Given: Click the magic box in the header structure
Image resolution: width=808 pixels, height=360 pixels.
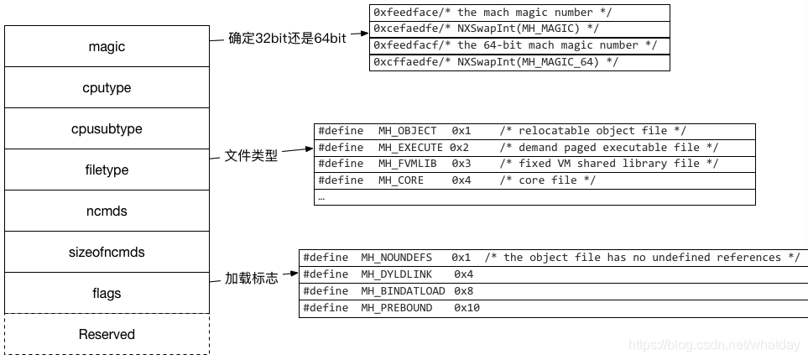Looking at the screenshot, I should click(x=107, y=47).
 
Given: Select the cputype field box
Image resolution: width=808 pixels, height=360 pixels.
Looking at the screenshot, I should click(x=107, y=88).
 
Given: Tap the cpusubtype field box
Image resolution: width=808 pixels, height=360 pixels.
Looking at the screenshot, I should click(x=107, y=129).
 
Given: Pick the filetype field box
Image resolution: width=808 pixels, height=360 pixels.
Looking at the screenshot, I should click(x=107, y=170).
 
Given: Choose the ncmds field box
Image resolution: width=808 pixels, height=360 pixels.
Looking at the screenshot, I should click(x=107, y=211).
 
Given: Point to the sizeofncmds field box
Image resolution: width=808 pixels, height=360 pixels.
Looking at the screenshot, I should click(x=107, y=253).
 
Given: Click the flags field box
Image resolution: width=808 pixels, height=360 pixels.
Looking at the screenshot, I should click(x=107, y=293).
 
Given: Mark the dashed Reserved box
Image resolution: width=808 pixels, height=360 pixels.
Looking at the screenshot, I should click(x=107, y=334).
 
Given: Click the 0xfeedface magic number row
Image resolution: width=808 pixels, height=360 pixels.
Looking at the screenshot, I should click(x=519, y=13).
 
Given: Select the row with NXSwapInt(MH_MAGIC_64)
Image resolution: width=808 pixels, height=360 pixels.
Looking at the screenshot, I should click(x=519, y=62).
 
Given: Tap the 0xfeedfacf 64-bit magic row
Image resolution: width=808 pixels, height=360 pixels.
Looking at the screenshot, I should click(x=519, y=45).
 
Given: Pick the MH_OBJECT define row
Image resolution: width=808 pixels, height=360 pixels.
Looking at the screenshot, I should click(x=534, y=131).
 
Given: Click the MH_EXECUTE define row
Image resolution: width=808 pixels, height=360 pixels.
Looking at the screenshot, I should click(x=534, y=148).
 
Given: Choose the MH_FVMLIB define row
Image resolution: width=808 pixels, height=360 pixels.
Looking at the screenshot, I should click(x=534, y=164).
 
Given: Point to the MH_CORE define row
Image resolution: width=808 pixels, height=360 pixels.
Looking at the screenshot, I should click(x=534, y=180).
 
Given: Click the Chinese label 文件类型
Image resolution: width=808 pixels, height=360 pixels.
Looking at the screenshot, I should click(x=251, y=156).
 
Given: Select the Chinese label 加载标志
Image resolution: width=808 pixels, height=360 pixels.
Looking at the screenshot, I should click(x=251, y=279).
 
